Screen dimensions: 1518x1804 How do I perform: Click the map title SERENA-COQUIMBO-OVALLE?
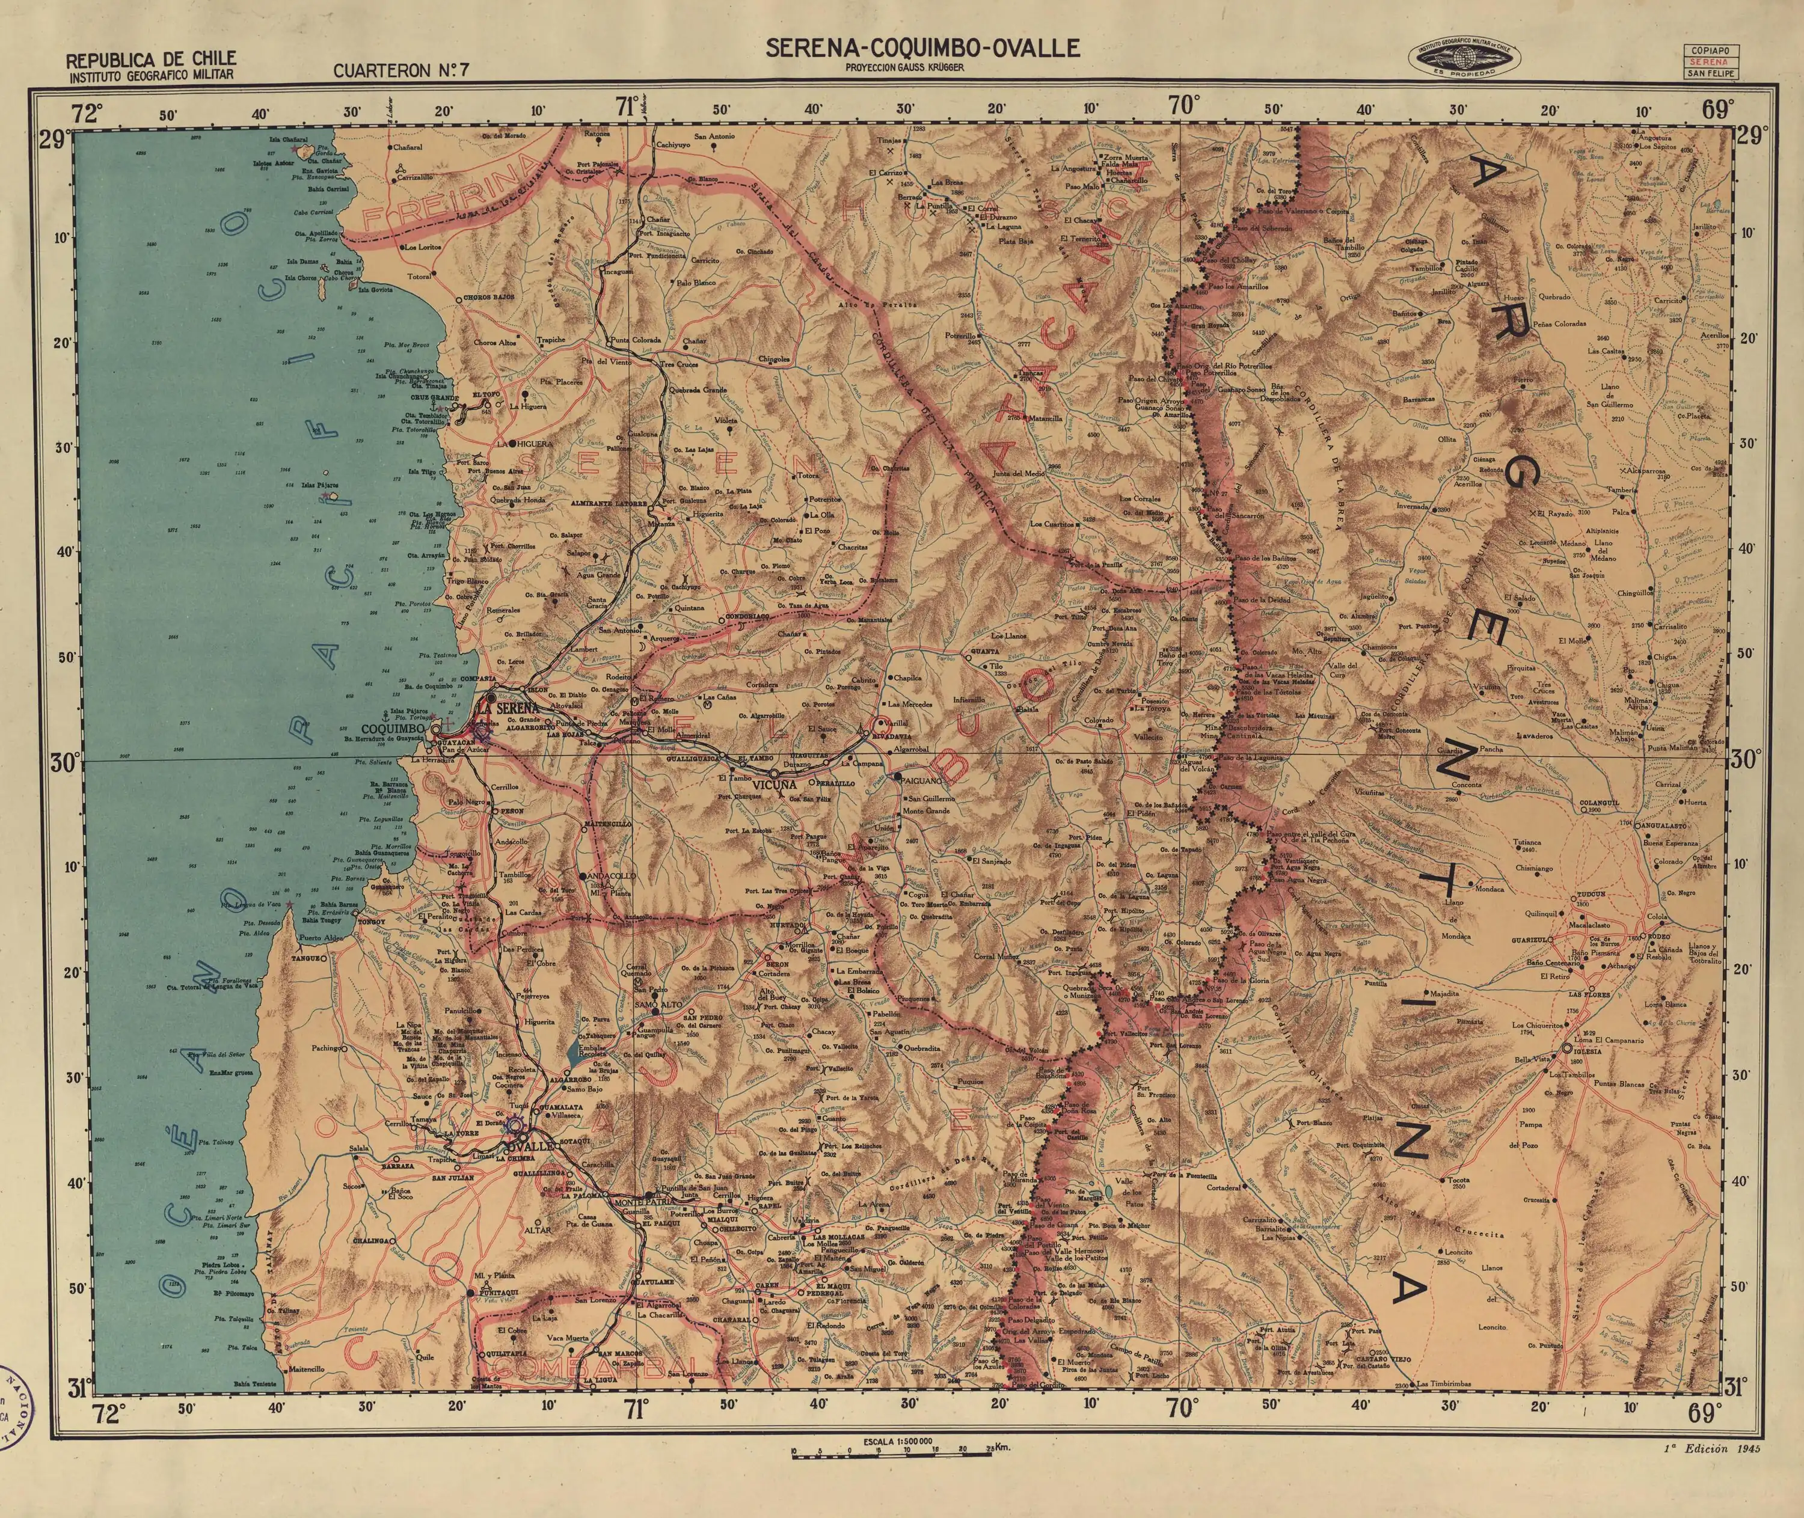coord(922,48)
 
